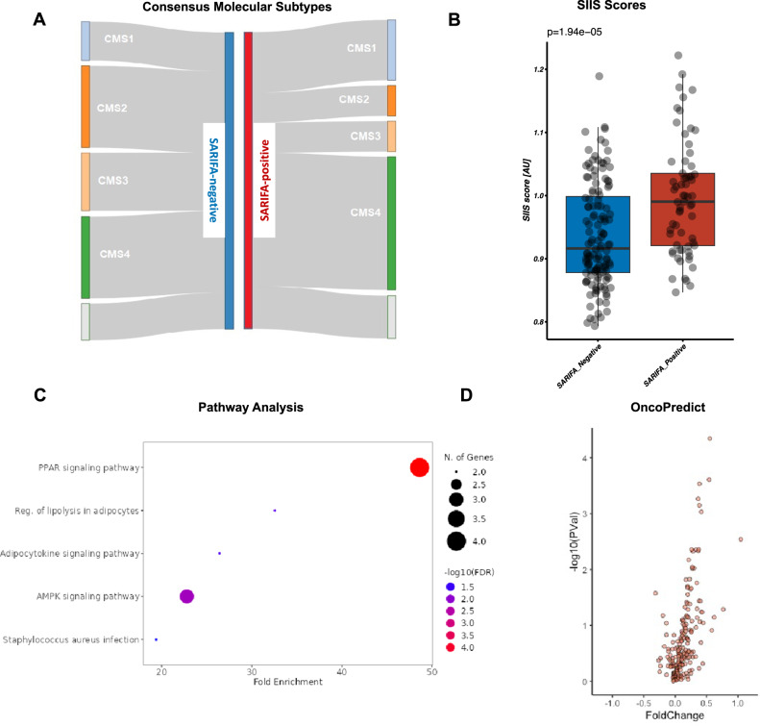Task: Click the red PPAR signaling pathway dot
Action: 419,467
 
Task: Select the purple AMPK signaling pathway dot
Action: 186,596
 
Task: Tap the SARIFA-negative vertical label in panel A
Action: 213,180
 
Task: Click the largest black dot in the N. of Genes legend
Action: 455,540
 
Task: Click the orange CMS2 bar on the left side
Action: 86,106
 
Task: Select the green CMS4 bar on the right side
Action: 391,222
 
